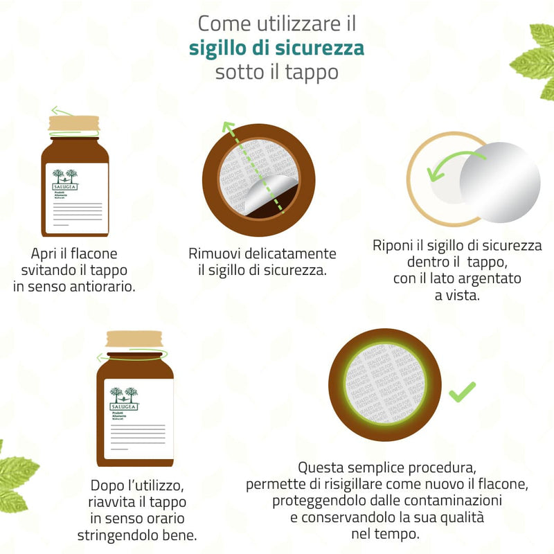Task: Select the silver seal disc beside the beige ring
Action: click(x=500, y=183)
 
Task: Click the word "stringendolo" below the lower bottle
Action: click(x=116, y=535)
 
